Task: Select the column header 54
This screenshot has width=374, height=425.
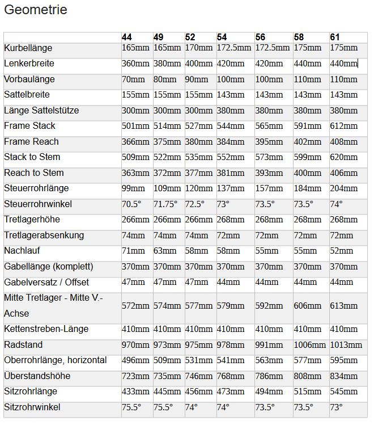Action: click(222, 37)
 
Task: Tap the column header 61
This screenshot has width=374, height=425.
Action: click(335, 37)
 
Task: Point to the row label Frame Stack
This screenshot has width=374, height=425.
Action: click(30, 126)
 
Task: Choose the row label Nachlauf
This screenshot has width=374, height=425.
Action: click(22, 251)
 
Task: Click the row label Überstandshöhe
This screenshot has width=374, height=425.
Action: click(37, 376)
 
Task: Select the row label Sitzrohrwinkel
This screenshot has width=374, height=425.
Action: click(32, 407)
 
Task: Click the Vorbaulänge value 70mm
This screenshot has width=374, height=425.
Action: click(133, 79)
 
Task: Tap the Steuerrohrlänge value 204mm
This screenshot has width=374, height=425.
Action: click(344, 188)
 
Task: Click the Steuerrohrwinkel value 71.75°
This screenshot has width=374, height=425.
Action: click(165, 204)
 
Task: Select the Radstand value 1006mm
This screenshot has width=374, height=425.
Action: click(310, 345)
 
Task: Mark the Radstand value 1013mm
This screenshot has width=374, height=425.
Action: click(346, 345)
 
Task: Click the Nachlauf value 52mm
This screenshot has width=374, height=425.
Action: click(342, 251)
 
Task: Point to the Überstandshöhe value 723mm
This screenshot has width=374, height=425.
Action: click(135, 376)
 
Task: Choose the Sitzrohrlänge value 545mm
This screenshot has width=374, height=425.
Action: click(344, 392)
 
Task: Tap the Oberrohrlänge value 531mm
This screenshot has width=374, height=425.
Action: click(198, 360)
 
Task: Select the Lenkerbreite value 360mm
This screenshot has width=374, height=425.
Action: click(135, 64)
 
